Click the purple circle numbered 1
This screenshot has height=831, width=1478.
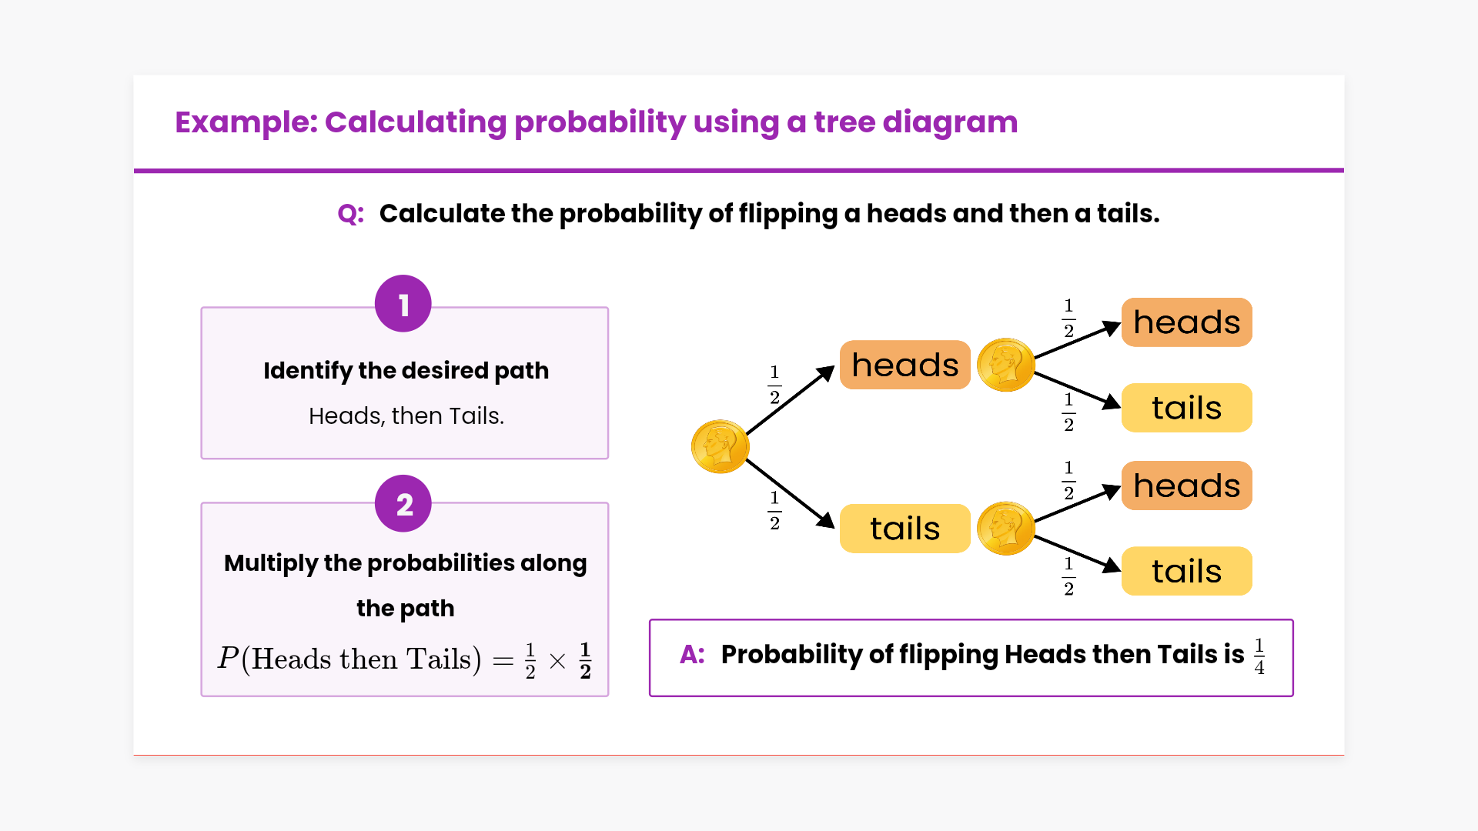403,304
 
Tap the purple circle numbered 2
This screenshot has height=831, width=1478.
403,504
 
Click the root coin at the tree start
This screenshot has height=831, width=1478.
720,446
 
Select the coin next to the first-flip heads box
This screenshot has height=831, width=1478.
1005,365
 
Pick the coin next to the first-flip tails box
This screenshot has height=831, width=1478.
1005,529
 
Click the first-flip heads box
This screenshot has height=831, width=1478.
905,365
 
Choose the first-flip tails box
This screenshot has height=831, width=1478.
905,529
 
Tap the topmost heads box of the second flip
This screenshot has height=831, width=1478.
1186,322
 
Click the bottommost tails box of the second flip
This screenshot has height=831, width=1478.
1186,571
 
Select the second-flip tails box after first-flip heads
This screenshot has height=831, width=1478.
1186,408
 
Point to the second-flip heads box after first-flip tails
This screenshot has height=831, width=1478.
1186,486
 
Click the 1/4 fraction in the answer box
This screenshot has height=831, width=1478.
1259,656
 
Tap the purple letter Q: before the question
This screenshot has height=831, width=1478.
351,214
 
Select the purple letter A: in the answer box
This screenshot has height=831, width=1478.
692,655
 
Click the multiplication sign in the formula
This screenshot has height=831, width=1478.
557,661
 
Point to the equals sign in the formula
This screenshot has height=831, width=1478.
503,661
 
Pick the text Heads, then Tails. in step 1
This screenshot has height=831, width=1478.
406,416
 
